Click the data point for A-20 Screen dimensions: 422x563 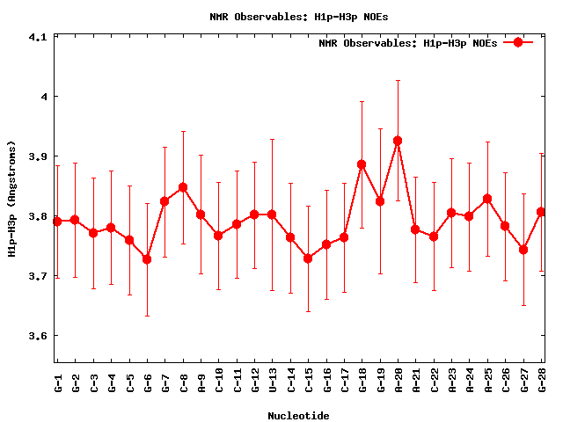click(398, 141)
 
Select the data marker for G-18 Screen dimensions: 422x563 click(362, 164)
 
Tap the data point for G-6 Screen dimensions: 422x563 click(147, 259)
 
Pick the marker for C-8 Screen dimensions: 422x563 click(183, 187)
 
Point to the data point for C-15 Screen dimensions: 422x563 click(308, 258)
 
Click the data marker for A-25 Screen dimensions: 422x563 click(487, 199)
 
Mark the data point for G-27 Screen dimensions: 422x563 click(523, 250)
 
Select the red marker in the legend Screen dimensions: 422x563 click(518, 42)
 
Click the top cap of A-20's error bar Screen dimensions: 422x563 click(398, 80)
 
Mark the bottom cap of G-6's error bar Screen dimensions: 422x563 click(147, 316)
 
